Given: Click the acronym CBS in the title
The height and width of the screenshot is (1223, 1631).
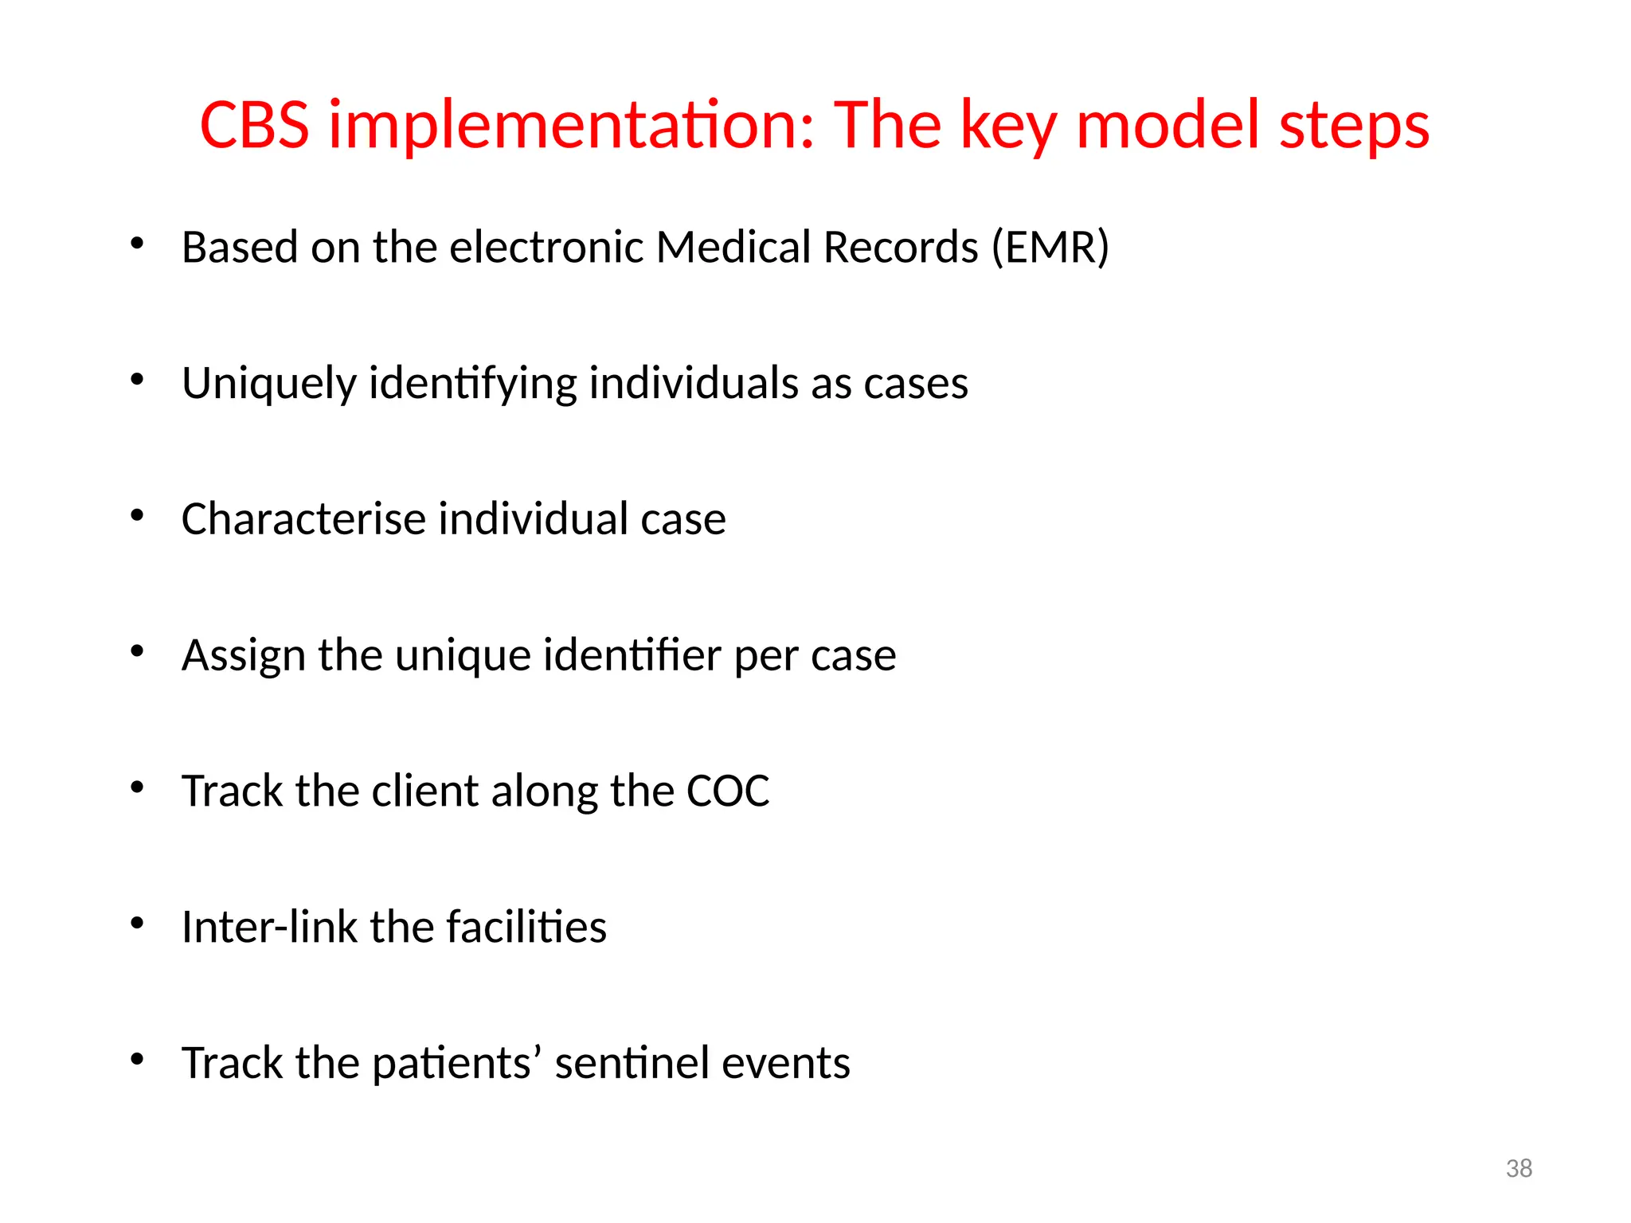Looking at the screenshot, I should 254,125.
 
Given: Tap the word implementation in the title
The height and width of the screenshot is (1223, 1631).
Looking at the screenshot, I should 573,125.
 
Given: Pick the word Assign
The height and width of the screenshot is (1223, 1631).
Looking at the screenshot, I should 243,656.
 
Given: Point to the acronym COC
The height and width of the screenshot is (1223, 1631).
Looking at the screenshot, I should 728,791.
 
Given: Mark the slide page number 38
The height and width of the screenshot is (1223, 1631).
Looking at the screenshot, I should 1519,1168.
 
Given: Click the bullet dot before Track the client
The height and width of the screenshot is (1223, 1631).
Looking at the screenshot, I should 137,787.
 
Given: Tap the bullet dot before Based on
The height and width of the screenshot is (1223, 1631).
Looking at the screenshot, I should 137,244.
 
